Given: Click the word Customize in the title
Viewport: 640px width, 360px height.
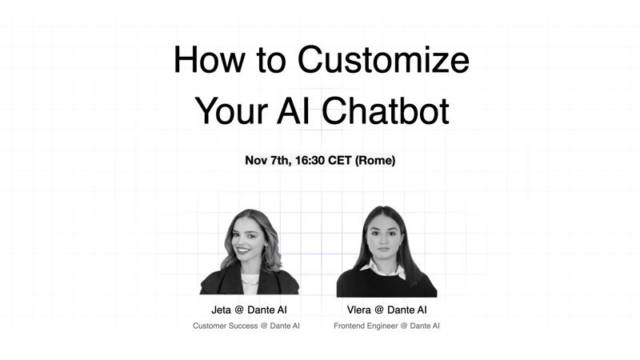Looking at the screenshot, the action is (383, 59).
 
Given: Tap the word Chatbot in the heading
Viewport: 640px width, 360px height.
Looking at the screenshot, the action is (386, 110).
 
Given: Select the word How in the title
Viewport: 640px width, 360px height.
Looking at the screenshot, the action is (210, 59).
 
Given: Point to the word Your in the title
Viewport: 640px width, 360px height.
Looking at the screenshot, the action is (231, 111).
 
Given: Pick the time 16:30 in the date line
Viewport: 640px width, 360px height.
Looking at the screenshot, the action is (310, 161).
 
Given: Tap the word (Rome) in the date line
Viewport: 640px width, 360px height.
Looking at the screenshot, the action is (375, 161).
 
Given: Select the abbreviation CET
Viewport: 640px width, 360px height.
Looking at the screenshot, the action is (339, 161).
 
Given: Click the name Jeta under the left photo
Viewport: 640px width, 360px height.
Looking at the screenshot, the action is (222, 310).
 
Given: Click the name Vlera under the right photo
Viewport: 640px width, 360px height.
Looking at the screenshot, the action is (358, 310).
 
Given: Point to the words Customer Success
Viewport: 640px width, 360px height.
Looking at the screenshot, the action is (226, 326).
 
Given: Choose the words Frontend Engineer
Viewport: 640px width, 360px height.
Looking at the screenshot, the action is (366, 326).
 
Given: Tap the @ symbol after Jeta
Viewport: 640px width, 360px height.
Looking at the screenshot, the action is (239, 310).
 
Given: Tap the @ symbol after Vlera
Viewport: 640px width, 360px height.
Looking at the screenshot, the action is (378, 310).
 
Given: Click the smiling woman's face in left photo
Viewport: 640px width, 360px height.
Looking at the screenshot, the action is (247, 240).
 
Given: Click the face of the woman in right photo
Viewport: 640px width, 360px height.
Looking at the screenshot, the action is (384, 238).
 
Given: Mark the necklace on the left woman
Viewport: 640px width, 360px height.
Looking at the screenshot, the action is (250, 282).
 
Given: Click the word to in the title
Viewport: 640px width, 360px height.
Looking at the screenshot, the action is (270, 62).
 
